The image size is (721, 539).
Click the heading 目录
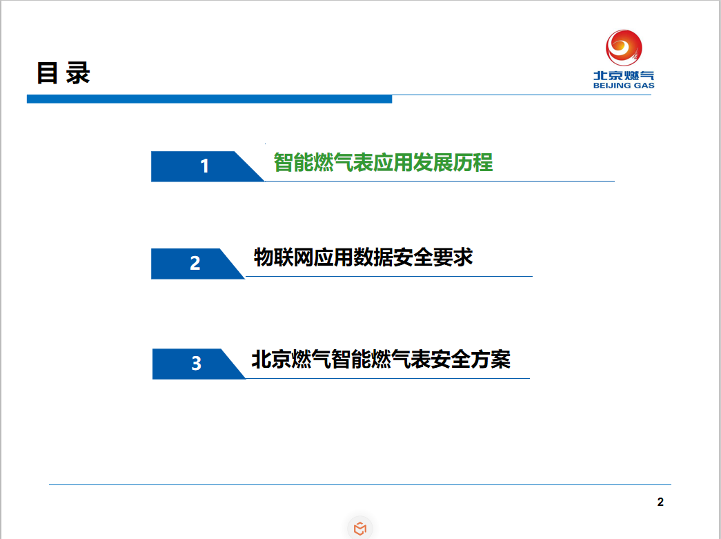(63, 73)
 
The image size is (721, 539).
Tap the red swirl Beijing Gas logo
(624, 48)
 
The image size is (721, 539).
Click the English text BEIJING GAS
(624, 86)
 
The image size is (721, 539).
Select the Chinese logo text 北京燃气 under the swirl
(624, 75)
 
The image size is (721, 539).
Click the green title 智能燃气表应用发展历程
(383, 162)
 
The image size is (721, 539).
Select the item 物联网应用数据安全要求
(363, 257)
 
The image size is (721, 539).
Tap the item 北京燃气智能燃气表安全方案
(381, 359)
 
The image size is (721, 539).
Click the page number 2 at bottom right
(660, 502)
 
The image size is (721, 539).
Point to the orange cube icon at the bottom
(360, 529)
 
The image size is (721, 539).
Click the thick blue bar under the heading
(209, 99)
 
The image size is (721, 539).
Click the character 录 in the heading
(78, 73)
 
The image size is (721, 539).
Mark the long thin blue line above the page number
(360, 484)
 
